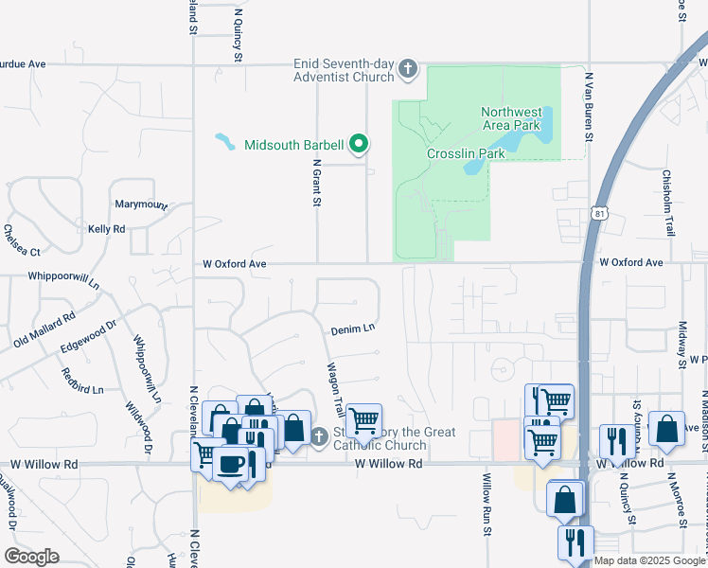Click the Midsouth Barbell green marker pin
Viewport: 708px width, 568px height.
[x=359, y=145]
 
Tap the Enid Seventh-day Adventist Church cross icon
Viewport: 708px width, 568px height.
[x=408, y=68]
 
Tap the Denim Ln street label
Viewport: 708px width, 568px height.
[x=353, y=329]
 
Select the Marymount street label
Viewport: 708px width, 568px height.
[x=141, y=204]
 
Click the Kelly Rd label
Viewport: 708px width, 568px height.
[x=106, y=229]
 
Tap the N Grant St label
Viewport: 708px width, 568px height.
[x=317, y=182]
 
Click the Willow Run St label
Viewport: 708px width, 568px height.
[x=487, y=506]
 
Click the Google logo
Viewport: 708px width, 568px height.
[x=31, y=557]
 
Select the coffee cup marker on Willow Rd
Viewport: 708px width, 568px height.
[x=230, y=464]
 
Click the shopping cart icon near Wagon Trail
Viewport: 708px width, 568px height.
[x=363, y=418]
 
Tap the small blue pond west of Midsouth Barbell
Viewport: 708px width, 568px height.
[x=225, y=142]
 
